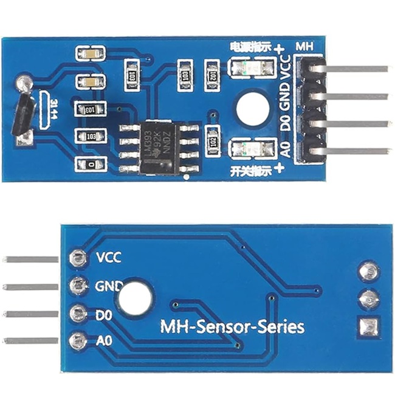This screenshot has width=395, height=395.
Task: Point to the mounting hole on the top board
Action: (x=252, y=108)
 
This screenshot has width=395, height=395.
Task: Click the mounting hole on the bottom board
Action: (x=135, y=300)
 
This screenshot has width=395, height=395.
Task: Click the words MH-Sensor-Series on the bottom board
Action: (x=232, y=327)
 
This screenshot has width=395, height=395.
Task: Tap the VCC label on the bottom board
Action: (x=109, y=258)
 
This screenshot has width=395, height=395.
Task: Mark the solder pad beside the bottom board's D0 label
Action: (x=78, y=314)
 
